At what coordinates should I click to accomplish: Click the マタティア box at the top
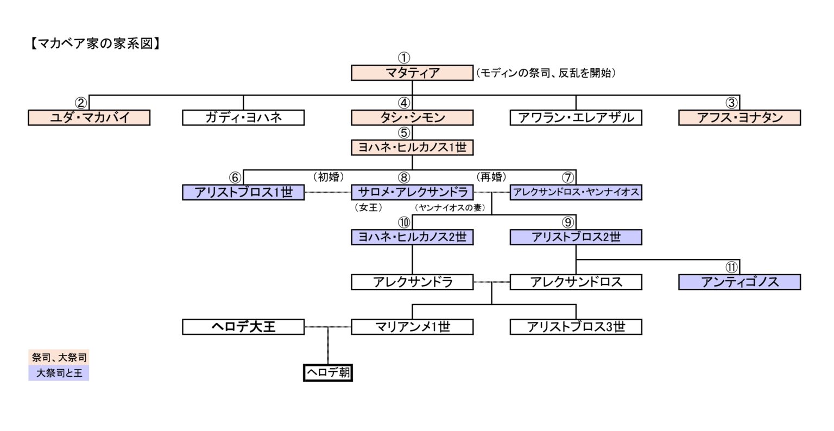[x=412, y=73]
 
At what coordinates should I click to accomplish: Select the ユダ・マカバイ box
[x=89, y=117]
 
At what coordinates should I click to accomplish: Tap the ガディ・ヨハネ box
[x=243, y=117]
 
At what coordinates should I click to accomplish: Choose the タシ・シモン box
[x=412, y=117]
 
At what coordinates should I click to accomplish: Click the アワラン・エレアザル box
[x=576, y=117]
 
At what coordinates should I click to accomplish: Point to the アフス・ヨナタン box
[x=740, y=117]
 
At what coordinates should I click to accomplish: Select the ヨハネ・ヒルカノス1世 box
[x=412, y=147]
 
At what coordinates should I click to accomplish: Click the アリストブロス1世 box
[x=243, y=192]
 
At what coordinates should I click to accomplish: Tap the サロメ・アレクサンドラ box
[x=412, y=192]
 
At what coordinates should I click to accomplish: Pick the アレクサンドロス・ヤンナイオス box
[x=576, y=192]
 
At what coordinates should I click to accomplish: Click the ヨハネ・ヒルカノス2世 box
[x=412, y=237]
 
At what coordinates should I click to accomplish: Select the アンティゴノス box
[x=740, y=282]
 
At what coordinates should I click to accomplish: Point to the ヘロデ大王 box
[x=243, y=327]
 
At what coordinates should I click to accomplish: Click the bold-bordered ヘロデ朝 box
[x=328, y=373]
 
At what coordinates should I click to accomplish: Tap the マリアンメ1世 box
[x=412, y=327]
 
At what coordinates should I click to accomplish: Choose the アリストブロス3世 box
[x=576, y=327]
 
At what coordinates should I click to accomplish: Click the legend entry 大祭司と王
[x=59, y=373]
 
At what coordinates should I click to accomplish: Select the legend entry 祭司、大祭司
[x=59, y=357]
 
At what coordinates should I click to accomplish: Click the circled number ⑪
[x=731, y=267]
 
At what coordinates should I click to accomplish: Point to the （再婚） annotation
[x=491, y=177]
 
